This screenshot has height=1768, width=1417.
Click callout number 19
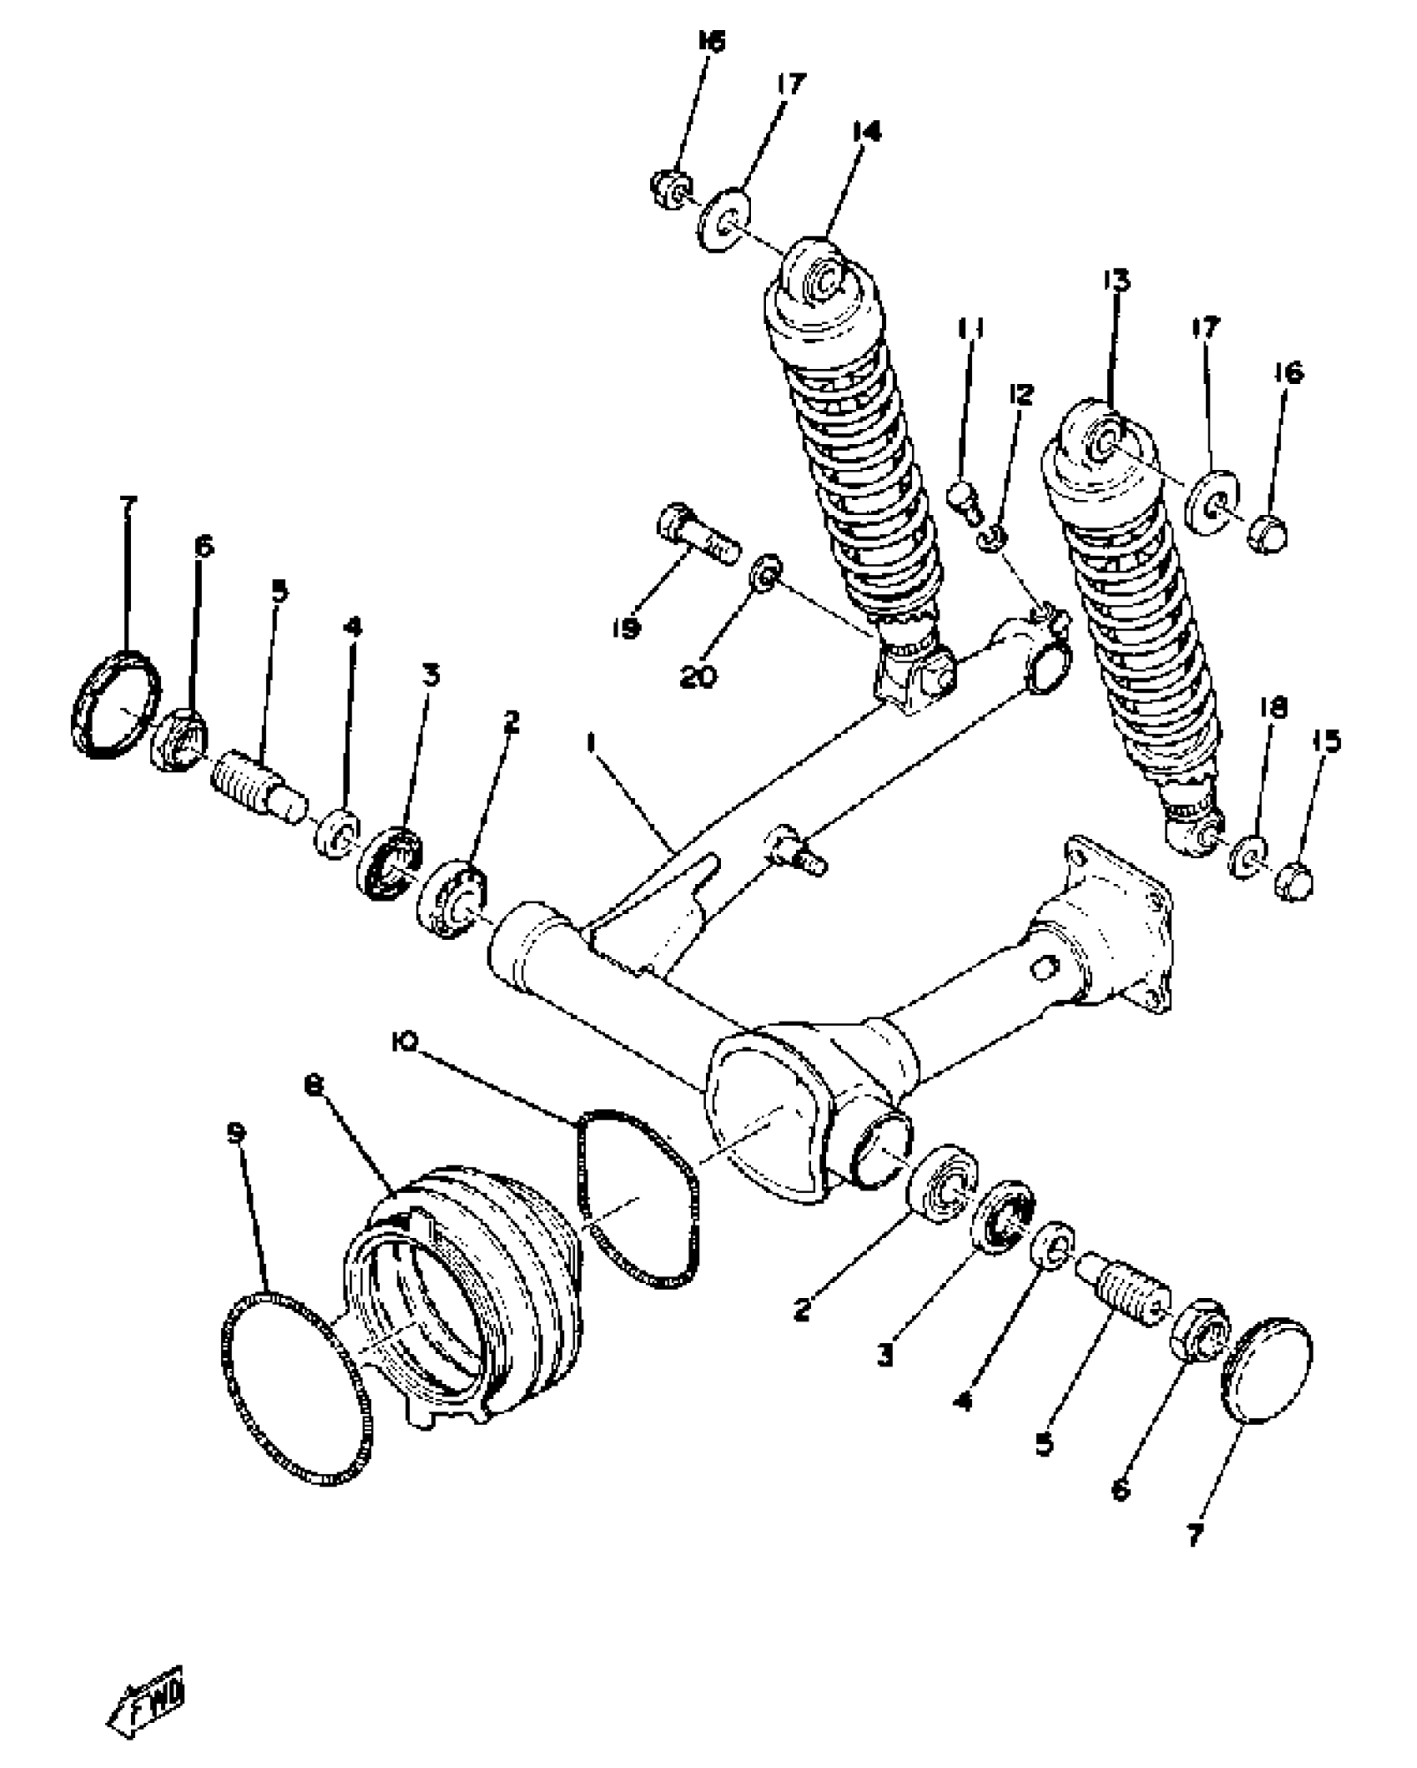(x=626, y=627)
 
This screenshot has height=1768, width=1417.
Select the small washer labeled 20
(x=766, y=571)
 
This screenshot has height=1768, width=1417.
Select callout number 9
(x=237, y=1131)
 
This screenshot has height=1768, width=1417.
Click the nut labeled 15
(x=1294, y=882)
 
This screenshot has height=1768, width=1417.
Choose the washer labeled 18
(x=1248, y=857)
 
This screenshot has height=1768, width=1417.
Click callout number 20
(x=698, y=677)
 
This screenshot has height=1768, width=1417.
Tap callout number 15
(x=1328, y=741)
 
